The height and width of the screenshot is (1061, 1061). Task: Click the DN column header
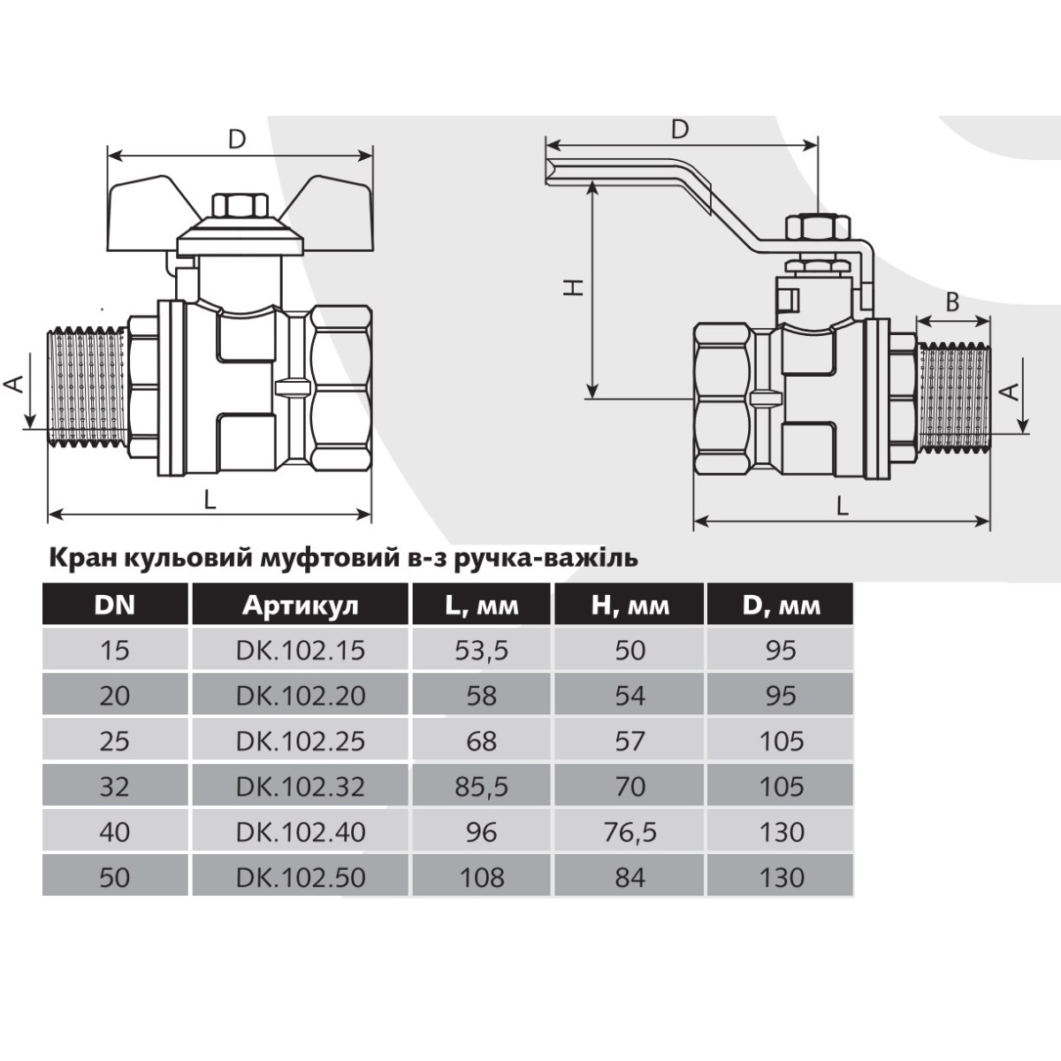tap(115, 605)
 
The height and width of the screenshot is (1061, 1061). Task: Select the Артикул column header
tap(300, 606)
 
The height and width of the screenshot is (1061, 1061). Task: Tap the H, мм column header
tap(630, 606)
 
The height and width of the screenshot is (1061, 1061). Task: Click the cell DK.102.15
tap(301, 650)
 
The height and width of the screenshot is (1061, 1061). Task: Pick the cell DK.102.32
tap(301, 786)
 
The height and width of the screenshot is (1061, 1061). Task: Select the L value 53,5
tap(482, 651)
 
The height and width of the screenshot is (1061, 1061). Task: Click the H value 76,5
tap(630, 832)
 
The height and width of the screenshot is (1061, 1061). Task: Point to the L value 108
tap(482, 877)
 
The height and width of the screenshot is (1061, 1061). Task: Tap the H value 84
tap(630, 877)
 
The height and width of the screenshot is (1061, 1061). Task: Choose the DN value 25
tap(115, 741)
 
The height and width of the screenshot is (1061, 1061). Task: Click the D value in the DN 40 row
tap(782, 831)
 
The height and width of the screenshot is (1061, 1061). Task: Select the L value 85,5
tap(482, 787)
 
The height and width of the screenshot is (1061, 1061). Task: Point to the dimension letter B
tap(952, 302)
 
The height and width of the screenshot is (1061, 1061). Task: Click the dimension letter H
tap(574, 286)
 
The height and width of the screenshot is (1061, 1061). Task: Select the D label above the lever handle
tap(681, 130)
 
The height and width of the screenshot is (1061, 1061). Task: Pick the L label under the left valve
tap(210, 500)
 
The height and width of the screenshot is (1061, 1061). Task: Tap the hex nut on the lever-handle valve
tap(818, 227)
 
